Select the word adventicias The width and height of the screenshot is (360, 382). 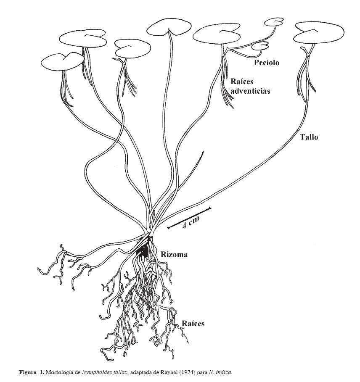250,91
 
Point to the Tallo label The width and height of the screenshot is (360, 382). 309,137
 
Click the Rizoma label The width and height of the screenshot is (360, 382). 174,254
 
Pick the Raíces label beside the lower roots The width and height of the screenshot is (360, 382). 193,323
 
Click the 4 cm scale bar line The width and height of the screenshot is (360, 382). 189,218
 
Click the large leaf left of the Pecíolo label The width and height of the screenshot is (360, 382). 219,34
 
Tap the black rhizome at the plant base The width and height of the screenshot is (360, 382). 143,251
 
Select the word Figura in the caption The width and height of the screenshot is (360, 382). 28,372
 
